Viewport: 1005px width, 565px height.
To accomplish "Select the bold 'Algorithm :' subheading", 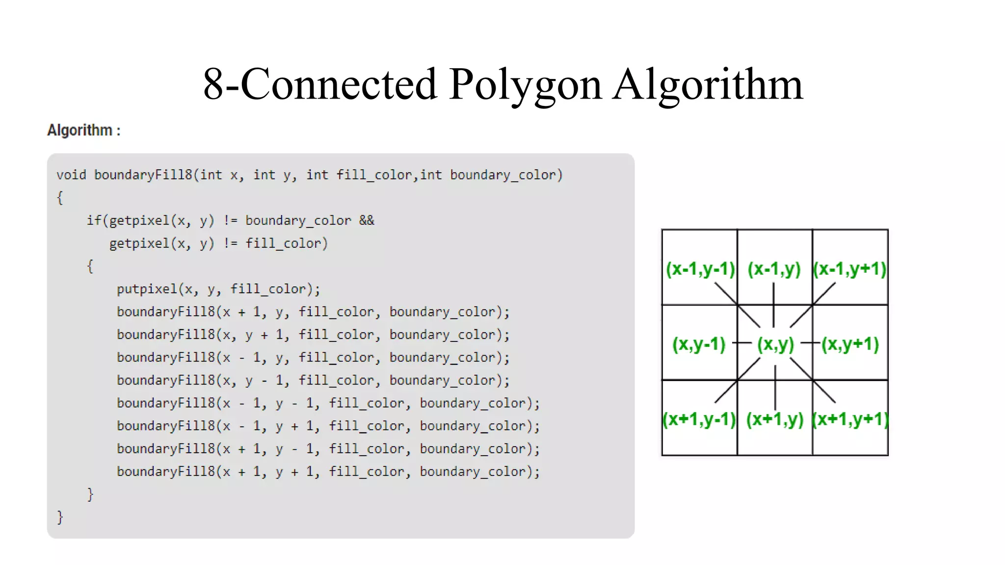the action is (x=84, y=130).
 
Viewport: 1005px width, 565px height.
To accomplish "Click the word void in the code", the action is (x=71, y=175).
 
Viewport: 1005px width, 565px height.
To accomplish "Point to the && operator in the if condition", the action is (x=367, y=221).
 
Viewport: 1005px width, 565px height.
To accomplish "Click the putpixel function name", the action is (x=147, y=289).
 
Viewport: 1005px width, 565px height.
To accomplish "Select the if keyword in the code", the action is (x=94, y=221).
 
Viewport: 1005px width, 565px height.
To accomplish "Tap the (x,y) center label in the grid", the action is (x=775, y=344).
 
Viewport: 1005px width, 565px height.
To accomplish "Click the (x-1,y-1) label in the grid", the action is (x=700, y=269).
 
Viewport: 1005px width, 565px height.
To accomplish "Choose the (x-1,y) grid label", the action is (x=774, y=269).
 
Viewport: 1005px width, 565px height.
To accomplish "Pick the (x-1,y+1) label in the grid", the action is (x=850, y=269).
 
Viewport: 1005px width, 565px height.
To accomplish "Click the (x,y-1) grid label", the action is (x=699, y=344).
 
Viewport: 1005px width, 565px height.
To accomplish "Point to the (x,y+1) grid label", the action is (x=850, y=344).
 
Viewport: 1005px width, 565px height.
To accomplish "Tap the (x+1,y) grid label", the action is (x=775, y=419).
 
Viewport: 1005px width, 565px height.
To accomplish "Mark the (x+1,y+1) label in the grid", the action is (x=850, y=419).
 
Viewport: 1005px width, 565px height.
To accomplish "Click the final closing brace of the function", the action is (x=60, y=517).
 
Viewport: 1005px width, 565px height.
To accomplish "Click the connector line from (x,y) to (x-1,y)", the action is (x=774, y=305).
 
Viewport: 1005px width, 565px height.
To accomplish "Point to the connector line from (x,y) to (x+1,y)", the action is (x=775, y=387).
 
